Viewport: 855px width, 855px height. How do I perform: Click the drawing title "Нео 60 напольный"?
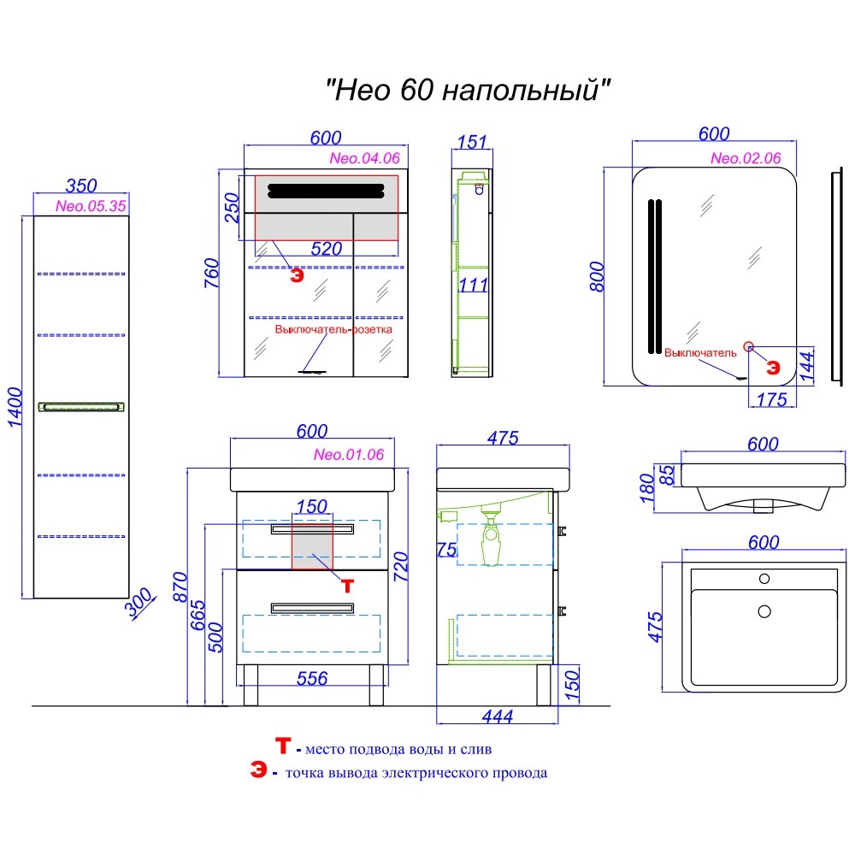[x=470, y=89]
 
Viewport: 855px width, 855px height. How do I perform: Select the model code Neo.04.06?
[x=364, y=159]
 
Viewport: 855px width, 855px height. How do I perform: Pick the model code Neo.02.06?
[x=746, y=158]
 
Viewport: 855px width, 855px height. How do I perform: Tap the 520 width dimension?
[x=326, y=250]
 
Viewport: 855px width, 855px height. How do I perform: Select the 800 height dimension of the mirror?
[x=599, y=276]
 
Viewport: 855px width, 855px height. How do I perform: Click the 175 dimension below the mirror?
[x=772, y=399]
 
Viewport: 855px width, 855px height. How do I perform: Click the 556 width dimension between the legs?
[x=311, y=678]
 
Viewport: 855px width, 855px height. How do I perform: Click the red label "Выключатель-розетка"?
[x=333, y=329]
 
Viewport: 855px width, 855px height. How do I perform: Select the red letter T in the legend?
[x=283, y=747]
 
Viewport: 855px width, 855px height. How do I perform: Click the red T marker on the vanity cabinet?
[x=347, y=585]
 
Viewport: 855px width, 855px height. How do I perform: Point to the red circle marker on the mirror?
[x=750, y=346]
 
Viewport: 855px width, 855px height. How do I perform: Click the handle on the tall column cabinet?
[x=80, y=408]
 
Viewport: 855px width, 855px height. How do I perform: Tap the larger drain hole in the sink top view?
[x=764, y=611]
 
